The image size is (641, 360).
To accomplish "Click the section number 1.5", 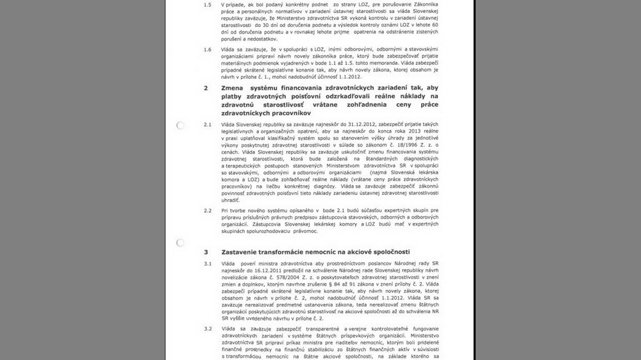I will point(206,4).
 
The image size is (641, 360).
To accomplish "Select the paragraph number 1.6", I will point(206,49).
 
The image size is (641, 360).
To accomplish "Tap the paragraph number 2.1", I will point(206,122).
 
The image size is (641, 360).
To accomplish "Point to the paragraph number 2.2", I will point(206,209).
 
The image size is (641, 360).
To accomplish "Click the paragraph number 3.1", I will point(206,263).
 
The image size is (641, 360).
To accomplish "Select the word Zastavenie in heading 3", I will point(245,251).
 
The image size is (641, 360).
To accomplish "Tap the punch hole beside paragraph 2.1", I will point(180,125).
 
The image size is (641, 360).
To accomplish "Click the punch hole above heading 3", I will point(180,243).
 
